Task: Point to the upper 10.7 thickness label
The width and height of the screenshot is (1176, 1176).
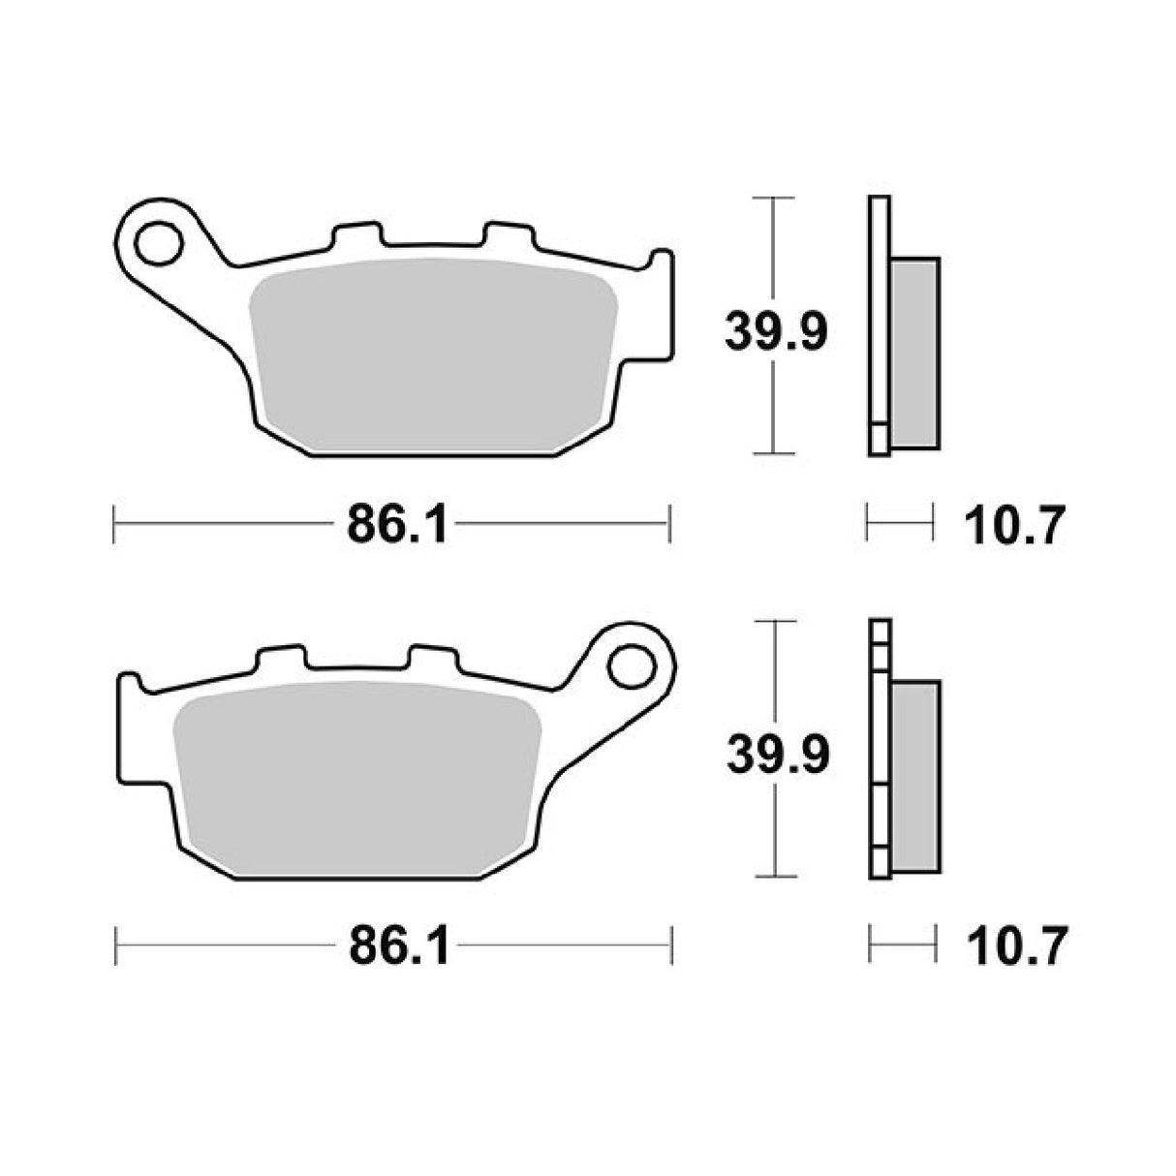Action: click(x=1015, y=529)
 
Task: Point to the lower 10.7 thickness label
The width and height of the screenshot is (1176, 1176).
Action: click(x=1015, y=946)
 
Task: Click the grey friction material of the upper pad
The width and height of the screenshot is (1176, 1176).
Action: click(x=431, y=358)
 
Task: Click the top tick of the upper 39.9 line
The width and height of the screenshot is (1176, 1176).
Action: click(x=773, y=199)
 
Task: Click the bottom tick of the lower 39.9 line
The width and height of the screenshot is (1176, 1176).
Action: click(x=775, y=876)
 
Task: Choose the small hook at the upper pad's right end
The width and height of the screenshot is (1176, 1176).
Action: click(x=662, y=262)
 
